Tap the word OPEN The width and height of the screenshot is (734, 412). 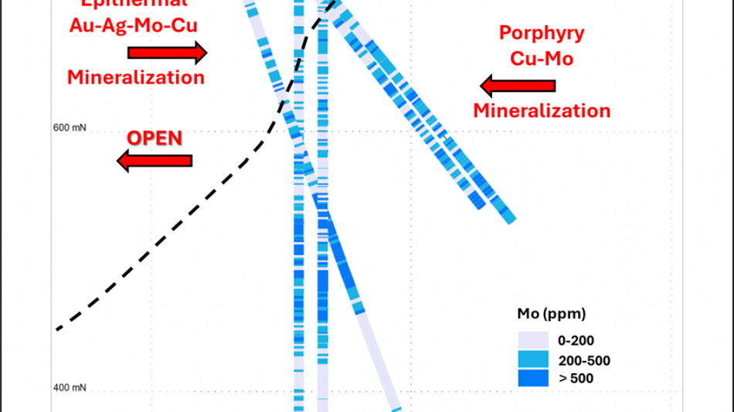(155, 138)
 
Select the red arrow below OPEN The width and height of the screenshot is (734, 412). (155, 160)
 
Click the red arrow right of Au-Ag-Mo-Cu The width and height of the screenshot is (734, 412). (167, 53)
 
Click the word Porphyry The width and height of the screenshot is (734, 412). (541, 33)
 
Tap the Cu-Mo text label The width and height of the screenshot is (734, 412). (541, 58)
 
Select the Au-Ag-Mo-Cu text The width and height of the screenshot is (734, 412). (134, 26)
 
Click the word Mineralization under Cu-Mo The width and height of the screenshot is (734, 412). (542, 110)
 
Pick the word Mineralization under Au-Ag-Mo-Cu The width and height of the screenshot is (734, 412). (135, 77)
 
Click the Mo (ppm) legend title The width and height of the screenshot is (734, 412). (551, 314)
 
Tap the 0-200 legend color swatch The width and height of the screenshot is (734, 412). (532, 340)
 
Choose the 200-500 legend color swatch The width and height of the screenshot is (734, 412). (532, 359)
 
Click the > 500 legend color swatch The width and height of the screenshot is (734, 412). (532, 378)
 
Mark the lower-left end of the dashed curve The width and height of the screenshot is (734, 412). (57, 330)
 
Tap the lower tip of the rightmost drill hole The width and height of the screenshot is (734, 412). (509, 221)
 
